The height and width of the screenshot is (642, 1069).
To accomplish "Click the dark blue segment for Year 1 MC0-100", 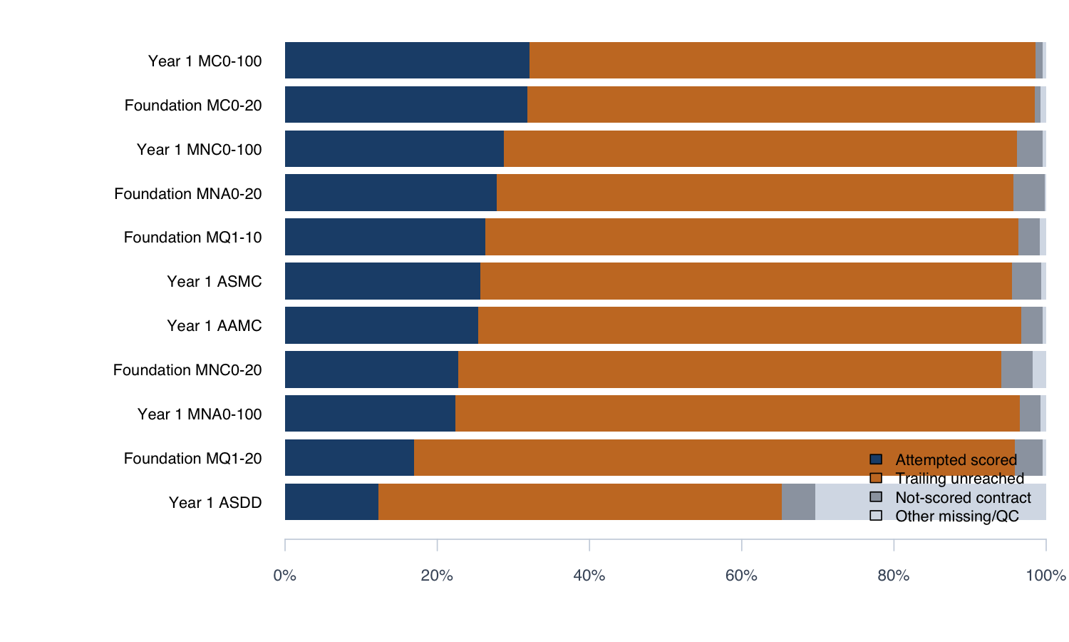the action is click(x=407, y=60).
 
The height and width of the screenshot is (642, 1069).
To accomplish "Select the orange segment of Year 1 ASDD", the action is click(x=580, y=501).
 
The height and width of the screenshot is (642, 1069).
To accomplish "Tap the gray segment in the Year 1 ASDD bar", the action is click(x=798, y=501).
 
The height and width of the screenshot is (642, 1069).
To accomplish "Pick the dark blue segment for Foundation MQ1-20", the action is click(x=349, y=458).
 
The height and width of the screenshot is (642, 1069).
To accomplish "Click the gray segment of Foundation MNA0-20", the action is click(x=1029, y=193).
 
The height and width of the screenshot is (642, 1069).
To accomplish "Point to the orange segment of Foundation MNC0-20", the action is click(x=730, y=370).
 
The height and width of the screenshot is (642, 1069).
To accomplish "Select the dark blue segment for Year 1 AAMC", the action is click(x=382, y=325).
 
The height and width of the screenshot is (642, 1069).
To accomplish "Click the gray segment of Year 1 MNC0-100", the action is click(x=1030, y=148).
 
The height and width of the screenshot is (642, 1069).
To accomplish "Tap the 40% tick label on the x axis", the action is click(x=589, y=576).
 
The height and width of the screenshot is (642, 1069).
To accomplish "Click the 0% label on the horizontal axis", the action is click(x=285, y=576).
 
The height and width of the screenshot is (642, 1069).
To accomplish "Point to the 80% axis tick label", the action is click(x=894, y=576).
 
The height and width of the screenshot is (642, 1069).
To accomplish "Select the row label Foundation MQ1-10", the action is click(x=193, y=237).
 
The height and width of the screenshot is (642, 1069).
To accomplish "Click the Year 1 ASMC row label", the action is click(x=215, y=281).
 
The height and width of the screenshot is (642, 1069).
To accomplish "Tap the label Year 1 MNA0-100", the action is click(x=200, y=414).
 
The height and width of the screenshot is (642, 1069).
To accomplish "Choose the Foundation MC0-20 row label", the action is click(x=193, y=105).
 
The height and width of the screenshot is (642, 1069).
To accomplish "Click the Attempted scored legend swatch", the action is click(x=876, y=459).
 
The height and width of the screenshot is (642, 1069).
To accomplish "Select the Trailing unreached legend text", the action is click(x=960, y=478).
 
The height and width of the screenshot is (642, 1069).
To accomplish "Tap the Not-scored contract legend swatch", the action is click(x=876, y=496).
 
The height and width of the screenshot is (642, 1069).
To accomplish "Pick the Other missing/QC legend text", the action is click(x=957, y=516).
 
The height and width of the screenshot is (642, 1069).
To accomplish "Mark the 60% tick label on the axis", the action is click(x=741, y=576).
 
